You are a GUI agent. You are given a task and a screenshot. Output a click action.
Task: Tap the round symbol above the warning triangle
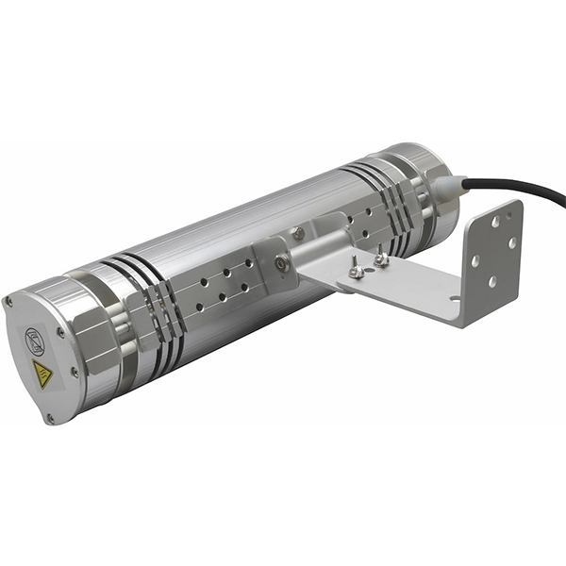point(35,336)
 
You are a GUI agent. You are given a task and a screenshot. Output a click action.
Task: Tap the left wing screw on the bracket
point(357,271)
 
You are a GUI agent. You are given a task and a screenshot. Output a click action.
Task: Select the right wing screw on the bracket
point(381,257)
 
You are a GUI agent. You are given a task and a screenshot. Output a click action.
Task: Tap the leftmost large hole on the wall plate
point(474,260)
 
